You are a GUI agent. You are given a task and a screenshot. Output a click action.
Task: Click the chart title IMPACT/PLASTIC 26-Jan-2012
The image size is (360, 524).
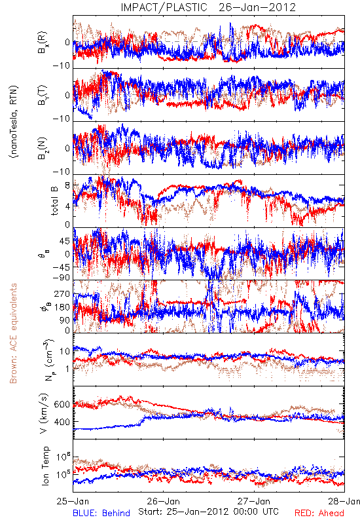tap(208, 7)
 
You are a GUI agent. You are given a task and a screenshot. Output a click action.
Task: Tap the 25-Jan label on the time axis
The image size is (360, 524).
tap(73, 501)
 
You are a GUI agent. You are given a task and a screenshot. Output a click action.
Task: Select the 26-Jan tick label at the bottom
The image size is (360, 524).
tap(163, 501)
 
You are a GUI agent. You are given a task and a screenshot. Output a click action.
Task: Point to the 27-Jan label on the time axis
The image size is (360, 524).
tap(254, 501)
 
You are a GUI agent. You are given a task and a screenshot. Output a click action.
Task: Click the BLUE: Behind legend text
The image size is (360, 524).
tap(101, 513)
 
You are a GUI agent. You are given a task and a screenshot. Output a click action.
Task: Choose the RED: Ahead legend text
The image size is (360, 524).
tap(319, 513)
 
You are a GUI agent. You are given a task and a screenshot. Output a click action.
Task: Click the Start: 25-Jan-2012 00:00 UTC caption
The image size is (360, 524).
tap(208, 512)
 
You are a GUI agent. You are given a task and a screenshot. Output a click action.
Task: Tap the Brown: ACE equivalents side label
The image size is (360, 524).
tap(13, 333)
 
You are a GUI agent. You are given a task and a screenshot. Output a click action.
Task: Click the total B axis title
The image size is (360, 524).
tap(54, 200)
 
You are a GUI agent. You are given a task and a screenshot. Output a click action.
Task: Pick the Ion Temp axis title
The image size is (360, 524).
tap(45, 466)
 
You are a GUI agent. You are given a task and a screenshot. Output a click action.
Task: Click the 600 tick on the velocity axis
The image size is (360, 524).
tap(62, 404)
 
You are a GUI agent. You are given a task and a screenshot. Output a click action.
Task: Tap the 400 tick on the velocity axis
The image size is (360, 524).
tap(62, 422)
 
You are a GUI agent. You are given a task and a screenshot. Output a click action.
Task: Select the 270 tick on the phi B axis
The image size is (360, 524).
tap(62, 294)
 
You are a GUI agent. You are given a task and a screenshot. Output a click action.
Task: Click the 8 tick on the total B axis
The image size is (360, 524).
tap(67, 185)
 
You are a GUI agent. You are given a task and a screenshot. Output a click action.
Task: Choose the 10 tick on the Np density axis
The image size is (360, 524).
tap(65, 351)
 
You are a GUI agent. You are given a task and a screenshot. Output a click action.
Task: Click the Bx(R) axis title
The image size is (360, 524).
tap(43, 43)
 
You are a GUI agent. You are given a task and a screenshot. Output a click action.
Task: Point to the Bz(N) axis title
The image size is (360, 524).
tap(43, 148)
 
